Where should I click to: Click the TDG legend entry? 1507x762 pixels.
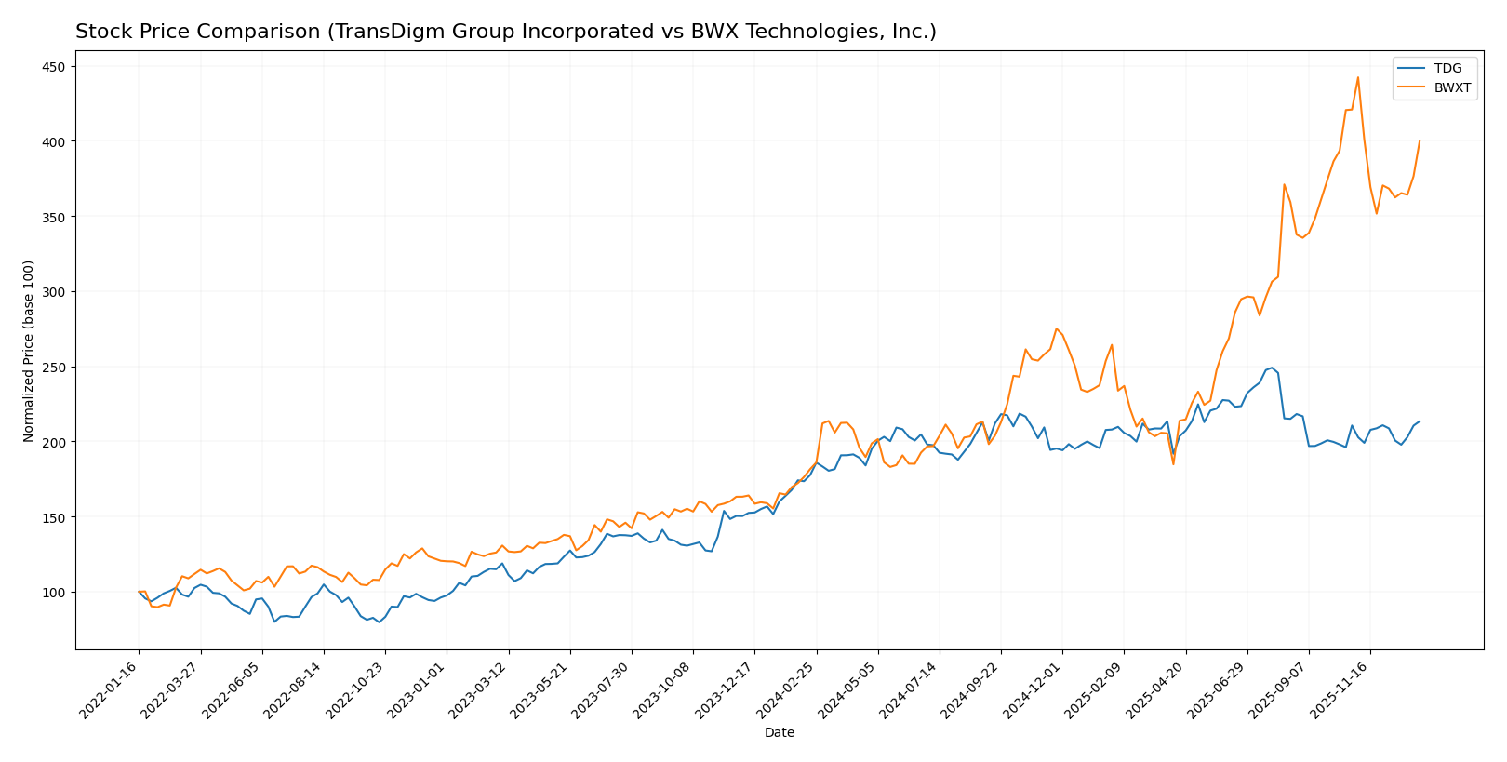tap(1447, 69)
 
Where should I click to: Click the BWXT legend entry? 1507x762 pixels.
tap(1452, 88)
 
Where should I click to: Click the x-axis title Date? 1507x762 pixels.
tap(779, 733)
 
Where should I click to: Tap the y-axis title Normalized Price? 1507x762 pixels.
tap(29, 351)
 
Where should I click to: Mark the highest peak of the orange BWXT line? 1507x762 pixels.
tap(1358, 77)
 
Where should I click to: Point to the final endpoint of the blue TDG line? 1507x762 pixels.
tap(1420, 421)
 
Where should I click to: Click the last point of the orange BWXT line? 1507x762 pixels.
tap(1420, 140)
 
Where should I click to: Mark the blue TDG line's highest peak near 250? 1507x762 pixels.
tap(1272, 368)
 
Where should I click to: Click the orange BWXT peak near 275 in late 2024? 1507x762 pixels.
tap(1056, 328)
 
